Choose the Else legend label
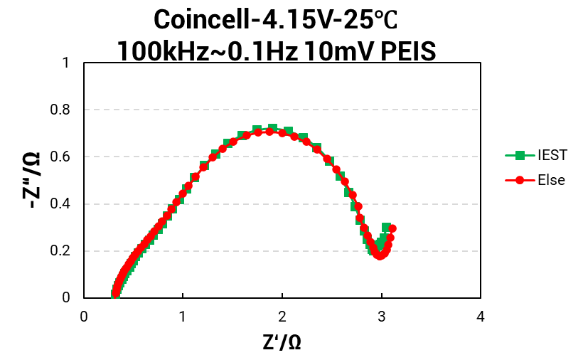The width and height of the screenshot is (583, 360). tap(551, 180)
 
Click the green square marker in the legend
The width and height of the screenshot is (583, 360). tap(520, 154)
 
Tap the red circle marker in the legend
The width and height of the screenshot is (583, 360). tap(520, 180)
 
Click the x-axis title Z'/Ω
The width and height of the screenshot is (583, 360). tap(282, 342)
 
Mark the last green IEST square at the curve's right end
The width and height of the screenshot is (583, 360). tap(386, 228)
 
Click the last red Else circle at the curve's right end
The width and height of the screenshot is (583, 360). tap(392, 229)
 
